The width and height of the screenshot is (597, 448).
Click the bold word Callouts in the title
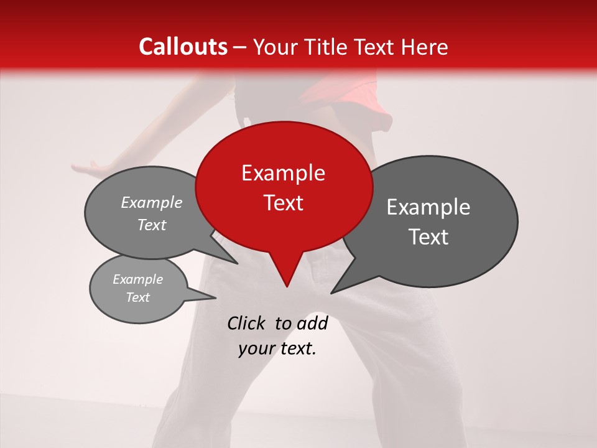183,47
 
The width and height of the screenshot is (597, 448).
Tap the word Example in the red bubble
283,173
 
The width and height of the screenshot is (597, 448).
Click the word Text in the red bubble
283,203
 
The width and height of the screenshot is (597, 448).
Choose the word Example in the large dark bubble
428,207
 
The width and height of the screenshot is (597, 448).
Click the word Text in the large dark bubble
428,237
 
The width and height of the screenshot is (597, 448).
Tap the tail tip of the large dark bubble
331,292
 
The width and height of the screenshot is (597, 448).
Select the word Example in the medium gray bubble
152,203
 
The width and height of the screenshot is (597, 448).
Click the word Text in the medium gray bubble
152,225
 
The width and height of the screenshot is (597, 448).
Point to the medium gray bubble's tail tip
237,263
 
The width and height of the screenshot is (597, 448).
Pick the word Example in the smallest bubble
137,279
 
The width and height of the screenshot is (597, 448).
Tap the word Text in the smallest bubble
137,297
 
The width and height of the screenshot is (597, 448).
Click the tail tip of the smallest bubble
215,298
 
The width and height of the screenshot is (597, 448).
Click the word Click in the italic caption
247,323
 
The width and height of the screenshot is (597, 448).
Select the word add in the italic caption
312,323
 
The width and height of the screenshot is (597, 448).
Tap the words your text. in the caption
277,348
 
